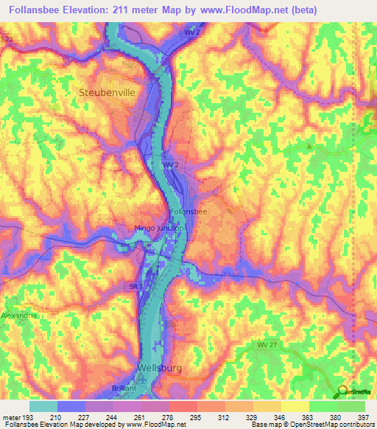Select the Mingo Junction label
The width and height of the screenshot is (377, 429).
[x=159, y=228]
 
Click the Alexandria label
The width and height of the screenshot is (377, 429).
[x=18, y=315]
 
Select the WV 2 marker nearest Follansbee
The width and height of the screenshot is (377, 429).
[x=171, y=164]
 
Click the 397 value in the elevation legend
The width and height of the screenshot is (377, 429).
[x=364, y=418]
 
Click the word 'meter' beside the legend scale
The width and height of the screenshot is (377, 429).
[x=11, y=418]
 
